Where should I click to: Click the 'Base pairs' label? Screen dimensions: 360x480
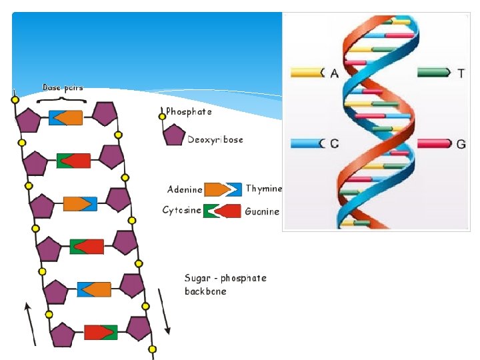(x=63, y=87)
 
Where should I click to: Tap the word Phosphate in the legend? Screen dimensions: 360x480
(x=189, y=112)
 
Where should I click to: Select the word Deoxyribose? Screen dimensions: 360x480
(x=215, y=140)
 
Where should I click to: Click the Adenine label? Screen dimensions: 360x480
(x=185, y=189)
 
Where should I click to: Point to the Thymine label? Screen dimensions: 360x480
(x=263, y=189)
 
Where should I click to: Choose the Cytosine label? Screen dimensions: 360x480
(x=181, y=211)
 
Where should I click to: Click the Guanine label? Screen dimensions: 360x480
(x=262, y=211)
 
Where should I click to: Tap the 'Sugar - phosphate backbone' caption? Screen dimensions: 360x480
(x=225, y=285)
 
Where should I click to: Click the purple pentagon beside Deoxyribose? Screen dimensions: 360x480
(x=174, y=136)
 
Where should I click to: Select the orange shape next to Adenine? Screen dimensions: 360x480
(x=214, y=189)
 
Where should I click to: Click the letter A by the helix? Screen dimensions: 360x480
(x=334, y=73)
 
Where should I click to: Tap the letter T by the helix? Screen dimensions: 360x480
(x=461, y=73)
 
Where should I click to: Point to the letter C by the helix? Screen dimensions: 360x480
(x=334, y=143)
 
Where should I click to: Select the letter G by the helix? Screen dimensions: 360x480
(x=461, y=143)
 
